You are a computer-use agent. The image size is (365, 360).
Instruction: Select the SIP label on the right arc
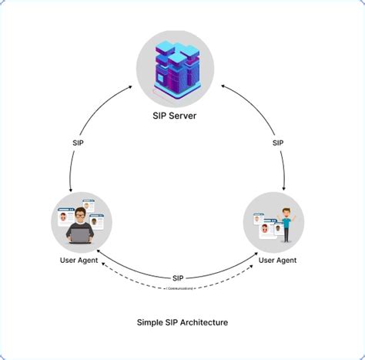click(x=277, y=143)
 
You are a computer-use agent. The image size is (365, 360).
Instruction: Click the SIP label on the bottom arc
click(x=178, y=277)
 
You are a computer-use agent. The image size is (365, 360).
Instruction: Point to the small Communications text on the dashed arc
click(x=178, y=288)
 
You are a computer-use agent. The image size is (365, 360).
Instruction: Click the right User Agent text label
click(x=277, y=260)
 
